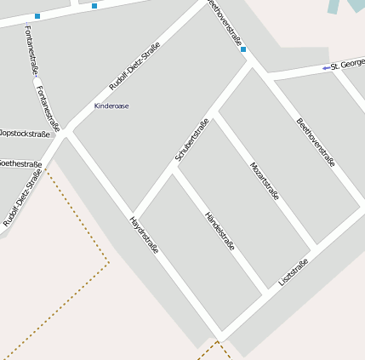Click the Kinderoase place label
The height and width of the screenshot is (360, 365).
(x=111, y=106)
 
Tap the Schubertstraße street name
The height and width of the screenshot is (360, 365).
(x=191, y=140)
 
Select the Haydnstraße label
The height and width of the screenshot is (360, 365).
(x=143, y=236)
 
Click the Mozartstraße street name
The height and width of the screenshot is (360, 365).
(x=265, y=180)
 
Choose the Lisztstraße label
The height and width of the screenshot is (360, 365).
(x=293, y=272)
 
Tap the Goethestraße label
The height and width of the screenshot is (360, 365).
(x=20, y=163)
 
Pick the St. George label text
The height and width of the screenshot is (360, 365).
(x=347, y=65)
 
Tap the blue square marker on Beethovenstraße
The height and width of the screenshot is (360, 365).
(x=243, y=49)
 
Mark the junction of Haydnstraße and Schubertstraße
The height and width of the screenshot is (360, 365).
(x=134, y=213)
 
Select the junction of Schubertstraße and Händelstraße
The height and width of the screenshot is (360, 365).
(x=174, y=167)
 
